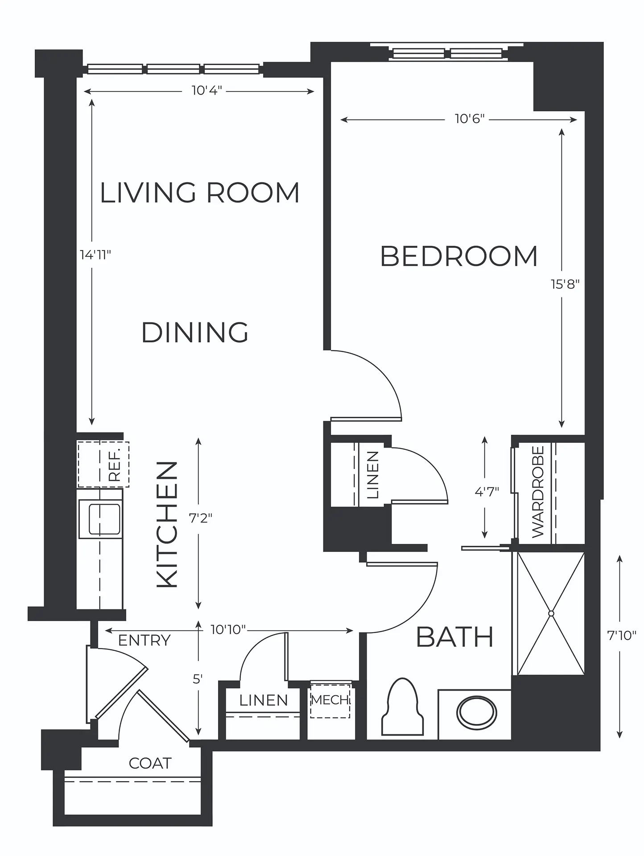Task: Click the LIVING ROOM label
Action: pos(199,193)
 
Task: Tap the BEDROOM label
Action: pos(459,256)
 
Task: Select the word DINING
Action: pos(195,333)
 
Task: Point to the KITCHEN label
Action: pos(168,524)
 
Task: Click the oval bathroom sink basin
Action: pos(476,713)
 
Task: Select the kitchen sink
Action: pos(101,519)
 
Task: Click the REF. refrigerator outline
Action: pos(103,465)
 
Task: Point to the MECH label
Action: pos(330,700)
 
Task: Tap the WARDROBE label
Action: pos(538,492)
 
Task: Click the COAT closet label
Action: pos(150,763)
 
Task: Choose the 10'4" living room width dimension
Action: pos(207,91)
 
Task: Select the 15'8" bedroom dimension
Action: pos(565,284)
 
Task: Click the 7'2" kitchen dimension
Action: pos(201,518)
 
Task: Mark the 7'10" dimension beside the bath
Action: pos(622,635)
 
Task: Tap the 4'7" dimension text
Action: pos(487,492)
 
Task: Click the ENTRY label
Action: pos(144,640)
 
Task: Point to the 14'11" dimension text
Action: pos(95,255)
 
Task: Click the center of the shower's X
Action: pos(551,613)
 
